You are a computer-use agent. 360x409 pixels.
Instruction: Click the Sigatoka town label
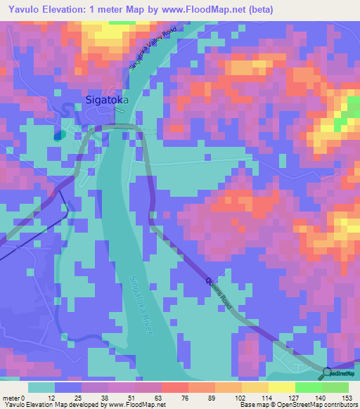pyautogui.click(x=107, y=100)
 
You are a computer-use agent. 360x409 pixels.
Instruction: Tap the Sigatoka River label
pyautogui.click(x=141, y=308)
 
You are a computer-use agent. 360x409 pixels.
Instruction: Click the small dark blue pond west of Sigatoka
pyautogui.click(x=58, y=135)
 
